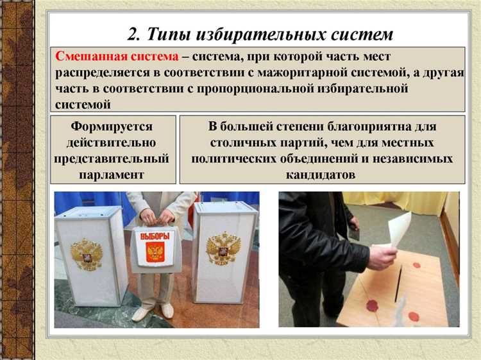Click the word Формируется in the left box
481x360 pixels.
tap(113, 126)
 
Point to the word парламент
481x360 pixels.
tap(113, 174)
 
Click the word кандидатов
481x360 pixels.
tap(321, 174)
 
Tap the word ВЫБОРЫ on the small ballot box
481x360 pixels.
tap(155, 235)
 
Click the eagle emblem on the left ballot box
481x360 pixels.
tap(86, 253)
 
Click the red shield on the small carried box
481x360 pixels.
tap(155, 252)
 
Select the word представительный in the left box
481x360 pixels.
tap(113, 158)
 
